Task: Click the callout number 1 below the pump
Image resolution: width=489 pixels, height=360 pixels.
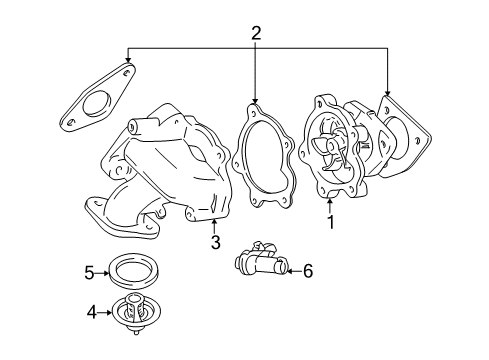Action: coord(329,222)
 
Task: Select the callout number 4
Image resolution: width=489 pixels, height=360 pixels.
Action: coord(91,313)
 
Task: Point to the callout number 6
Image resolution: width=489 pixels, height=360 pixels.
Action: coord(307,269)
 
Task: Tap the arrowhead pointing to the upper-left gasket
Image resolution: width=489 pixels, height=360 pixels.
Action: coord(127,63)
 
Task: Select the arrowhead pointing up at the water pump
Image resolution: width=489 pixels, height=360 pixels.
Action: coord(329,203)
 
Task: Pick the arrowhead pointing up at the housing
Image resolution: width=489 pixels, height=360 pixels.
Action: coord(214,222)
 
